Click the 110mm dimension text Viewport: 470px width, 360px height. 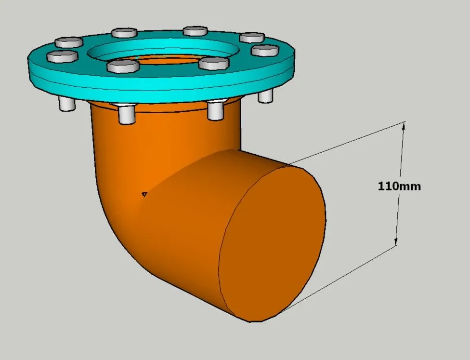point(399,187)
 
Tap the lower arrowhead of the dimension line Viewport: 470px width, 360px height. point(396,241)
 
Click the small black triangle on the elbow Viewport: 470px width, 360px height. point(144,194)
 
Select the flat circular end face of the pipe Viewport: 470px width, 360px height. point(272,242)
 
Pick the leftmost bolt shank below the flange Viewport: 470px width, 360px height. point(67,104)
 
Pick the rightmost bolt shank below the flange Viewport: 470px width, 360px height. point(265,96)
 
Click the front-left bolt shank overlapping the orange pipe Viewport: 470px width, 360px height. point(127,114)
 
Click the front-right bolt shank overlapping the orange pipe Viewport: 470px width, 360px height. point(216,110)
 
